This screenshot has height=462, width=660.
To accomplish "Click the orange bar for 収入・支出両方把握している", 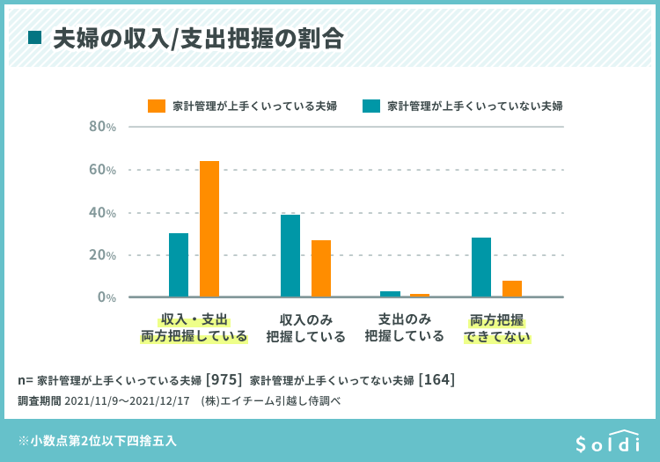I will [209, 229].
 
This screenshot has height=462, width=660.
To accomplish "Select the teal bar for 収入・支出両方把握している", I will [179, 265].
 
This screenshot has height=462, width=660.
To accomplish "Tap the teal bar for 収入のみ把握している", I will [290, 255].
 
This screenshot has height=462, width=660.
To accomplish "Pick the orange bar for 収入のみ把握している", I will [321, 268].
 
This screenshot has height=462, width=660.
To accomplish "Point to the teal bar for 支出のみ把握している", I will [390, 294].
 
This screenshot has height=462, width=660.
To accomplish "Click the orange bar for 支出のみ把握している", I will [420, 295].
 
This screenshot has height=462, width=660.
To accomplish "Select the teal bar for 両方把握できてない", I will [481, 267].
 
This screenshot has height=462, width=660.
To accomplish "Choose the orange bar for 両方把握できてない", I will [512, 289].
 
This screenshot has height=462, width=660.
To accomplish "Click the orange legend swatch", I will [156, 106].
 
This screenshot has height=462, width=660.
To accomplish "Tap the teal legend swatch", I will [371, 106].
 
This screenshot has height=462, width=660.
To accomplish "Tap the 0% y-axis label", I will [106, 297].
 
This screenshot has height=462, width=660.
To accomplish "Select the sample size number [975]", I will [224, 380].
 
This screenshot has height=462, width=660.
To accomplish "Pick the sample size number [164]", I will [436, 380].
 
